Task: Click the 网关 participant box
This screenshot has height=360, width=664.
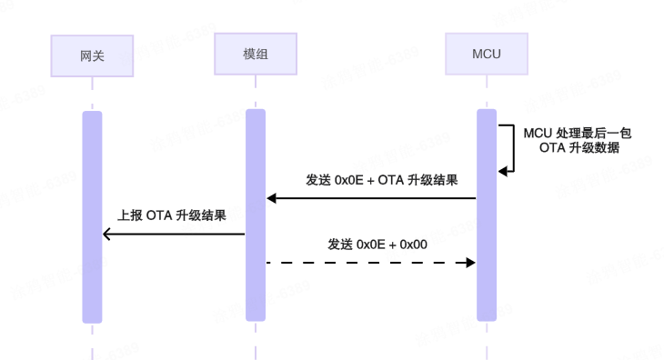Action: click(x=92, y=55)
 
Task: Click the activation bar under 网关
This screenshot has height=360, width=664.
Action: click(x=92, y=216)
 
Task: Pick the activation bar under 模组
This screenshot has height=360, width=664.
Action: click(x=256, y=216)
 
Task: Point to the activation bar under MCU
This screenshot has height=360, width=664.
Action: click(x=488, y=216)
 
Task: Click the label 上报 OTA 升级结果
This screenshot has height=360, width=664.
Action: click(x=172, y=217)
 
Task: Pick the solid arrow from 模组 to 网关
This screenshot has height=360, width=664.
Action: click(x=174, y=234)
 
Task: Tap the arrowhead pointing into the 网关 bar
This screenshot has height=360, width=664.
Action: click(x=106, y=234)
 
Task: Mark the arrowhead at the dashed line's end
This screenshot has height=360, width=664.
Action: click(x=472, y=262)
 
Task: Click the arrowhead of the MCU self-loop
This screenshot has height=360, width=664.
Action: click(x=502, y=170)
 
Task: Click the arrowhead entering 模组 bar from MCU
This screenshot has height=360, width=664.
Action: click(x=270, y=198)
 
